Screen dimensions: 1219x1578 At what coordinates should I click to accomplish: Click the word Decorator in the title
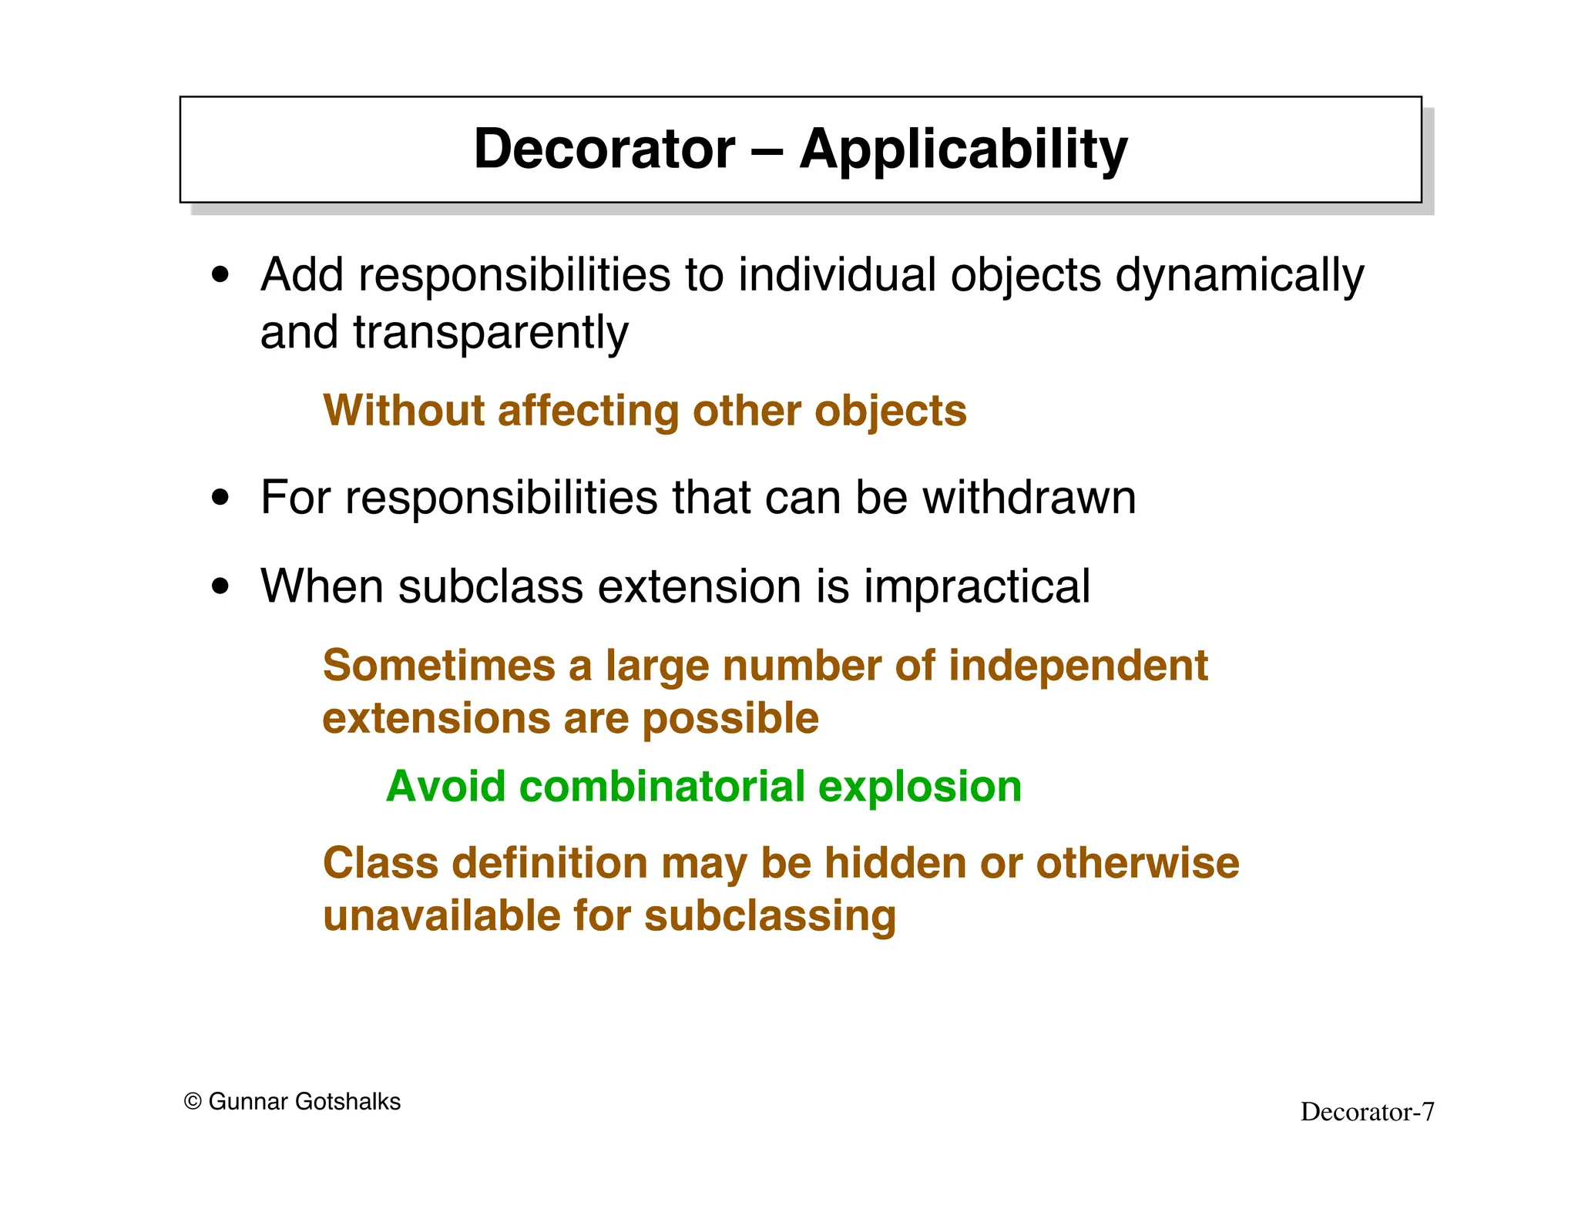[604, 149]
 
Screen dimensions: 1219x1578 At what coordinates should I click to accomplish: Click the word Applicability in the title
[963, 150]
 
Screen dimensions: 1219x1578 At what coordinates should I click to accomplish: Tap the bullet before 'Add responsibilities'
[221, 275]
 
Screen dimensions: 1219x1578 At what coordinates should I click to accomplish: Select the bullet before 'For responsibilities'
[221, 498]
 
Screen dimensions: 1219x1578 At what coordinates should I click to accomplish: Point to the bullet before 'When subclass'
[221, 586]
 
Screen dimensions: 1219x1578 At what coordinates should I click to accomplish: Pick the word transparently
[491, 333]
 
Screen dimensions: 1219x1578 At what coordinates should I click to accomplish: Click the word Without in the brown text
[404, 411]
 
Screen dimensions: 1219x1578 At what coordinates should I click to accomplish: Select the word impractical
[976, 587]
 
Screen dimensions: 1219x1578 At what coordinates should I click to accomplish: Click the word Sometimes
[438, 666]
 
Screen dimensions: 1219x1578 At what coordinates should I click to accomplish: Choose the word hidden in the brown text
[895, 863]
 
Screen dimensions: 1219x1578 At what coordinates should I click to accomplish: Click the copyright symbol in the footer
[193, 1102]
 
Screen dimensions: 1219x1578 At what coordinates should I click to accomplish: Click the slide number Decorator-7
[1367, 1112]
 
